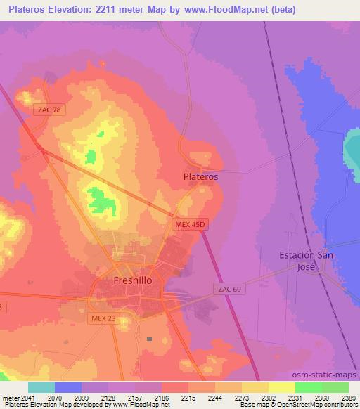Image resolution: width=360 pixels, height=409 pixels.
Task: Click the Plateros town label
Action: pyautogui.click(x=200, y=177)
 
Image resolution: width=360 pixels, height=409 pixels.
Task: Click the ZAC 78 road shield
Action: pyautogui.click(x=46, y=110)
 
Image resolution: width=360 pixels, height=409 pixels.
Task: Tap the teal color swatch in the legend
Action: pyautogui.click(x=41, y=387)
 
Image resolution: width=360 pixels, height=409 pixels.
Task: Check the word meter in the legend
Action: pyautogui.click(x=13, y=397)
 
